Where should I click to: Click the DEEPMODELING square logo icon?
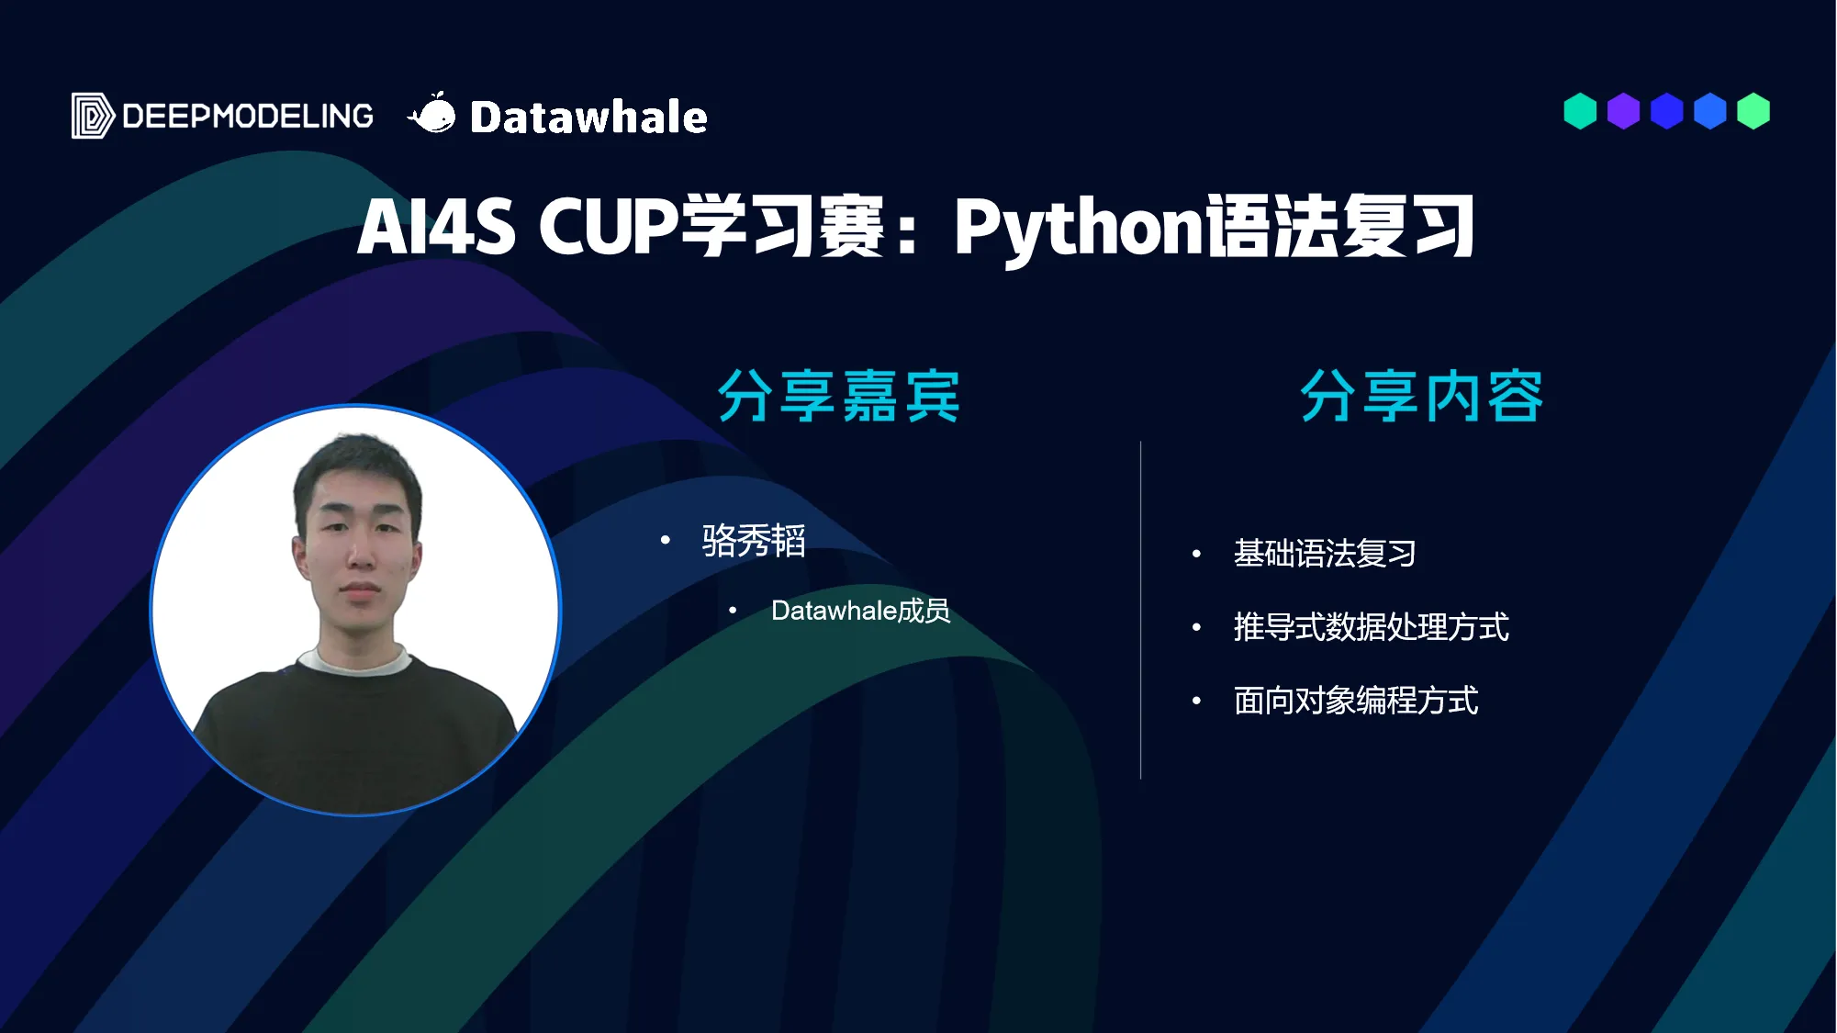click(x=93, y=116)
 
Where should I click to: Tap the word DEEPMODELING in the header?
click(x=248, y=117)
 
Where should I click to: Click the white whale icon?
click(x=431, y=114)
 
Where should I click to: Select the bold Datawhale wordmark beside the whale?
click(x=588, y=118)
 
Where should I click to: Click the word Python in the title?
click(x=1078, y=227)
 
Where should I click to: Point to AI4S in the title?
click(x=436, y=227)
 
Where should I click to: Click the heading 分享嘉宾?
click(x=838, y=397)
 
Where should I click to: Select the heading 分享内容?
click(x=1421, y=397)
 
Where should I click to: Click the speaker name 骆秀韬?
click(x=754, y=540)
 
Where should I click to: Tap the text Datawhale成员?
click(x=860, y=611)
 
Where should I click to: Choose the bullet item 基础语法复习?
click(x=1325, y=554)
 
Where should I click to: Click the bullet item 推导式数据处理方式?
click(x=1372, y=627)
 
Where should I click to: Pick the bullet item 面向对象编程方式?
click(x=1356, y=701)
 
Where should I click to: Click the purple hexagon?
click(x=1623, y=111)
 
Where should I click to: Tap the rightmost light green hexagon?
click(x=1753, y=111)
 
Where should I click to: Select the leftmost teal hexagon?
click(x=1580, y=111)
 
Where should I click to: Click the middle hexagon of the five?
click(x=1666, y=111)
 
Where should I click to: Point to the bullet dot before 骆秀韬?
click(x=666, y=540)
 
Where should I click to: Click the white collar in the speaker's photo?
click(x=354, y=659)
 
